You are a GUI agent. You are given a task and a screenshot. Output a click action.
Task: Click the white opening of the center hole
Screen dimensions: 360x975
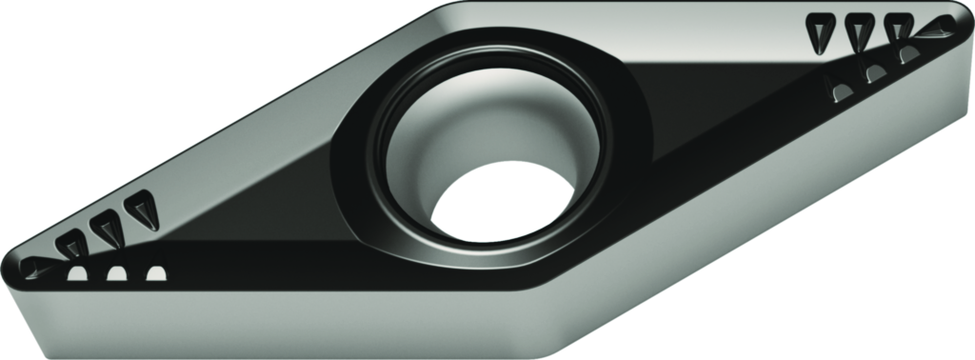(x=501, y=204)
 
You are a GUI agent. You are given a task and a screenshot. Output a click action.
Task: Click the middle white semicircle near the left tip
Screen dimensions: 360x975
(x=116, y=275)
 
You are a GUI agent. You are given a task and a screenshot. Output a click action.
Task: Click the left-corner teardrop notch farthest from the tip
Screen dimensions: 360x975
(x=143, y=207)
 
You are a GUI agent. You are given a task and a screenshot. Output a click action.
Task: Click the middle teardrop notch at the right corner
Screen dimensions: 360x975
(x=860, y=32)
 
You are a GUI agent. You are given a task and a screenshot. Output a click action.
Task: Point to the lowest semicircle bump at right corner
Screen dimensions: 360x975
(x=843, y=92)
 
